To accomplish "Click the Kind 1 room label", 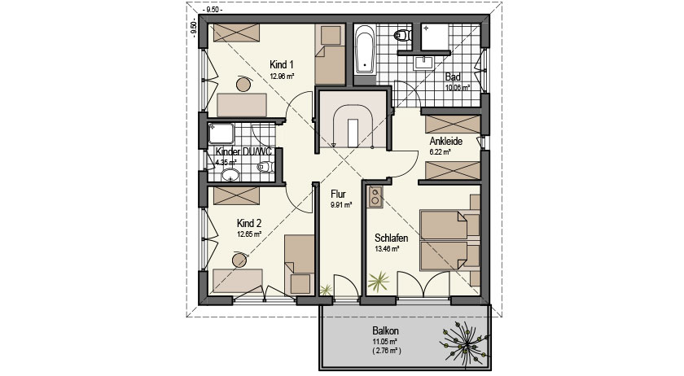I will [x=282, y=64].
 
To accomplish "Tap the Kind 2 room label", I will [x=249, y=222].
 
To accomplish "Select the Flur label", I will [x=339, y=195].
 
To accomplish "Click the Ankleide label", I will [x=446, y=141].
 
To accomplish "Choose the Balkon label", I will [x=387, y=331].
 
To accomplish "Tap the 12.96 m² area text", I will [x=282, y=76].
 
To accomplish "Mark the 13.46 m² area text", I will [x=388, y=249].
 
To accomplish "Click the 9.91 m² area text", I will [x=341, y=205].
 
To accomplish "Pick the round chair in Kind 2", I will [x=240, y=260].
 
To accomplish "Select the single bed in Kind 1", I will [x=331, y=54].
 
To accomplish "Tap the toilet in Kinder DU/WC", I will [x=265, y=168].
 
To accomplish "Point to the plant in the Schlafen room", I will [x=379, y=282].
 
